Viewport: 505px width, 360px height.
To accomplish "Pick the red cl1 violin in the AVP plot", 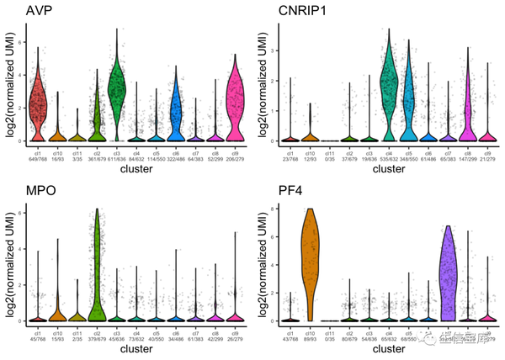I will (36, 105).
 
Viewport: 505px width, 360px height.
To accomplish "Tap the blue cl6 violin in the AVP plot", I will (176, 109).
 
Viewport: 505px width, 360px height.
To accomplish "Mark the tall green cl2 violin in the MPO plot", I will (97, 269).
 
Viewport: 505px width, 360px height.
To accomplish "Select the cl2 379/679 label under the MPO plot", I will (97, 337).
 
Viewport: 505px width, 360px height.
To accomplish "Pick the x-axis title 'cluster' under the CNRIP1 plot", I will (388, 169).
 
